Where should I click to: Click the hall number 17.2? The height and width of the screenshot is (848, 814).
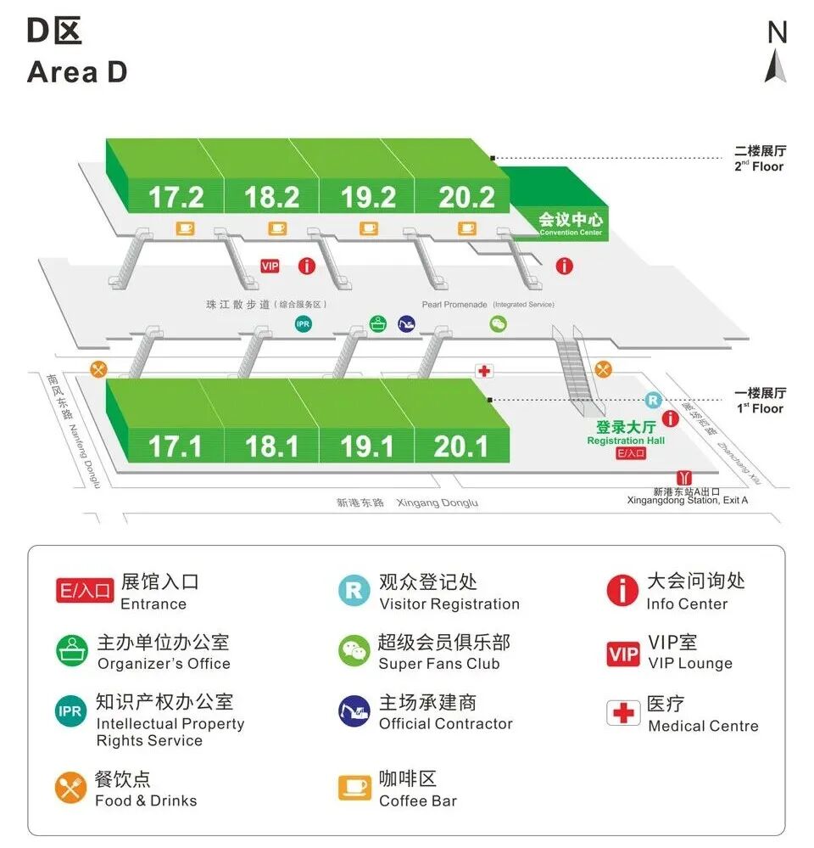point(176,197)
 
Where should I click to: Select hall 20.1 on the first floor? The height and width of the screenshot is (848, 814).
point(461,446)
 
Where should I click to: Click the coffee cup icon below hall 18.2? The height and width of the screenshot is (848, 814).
point(278,227)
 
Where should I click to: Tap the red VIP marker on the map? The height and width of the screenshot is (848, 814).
point(270,267)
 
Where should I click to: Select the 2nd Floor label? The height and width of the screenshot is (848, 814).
point(760,160)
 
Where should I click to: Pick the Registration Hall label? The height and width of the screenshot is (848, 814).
point(626,433)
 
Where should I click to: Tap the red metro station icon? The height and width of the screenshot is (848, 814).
point(683,479)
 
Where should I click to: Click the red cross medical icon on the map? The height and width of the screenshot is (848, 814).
point(484,371)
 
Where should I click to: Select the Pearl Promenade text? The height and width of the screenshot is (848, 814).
point(454,304)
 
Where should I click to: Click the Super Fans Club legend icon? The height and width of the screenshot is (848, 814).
point(354,652)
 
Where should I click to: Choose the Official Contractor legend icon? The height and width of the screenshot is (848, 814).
point(354,711)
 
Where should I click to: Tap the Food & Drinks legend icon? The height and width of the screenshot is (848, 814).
point(71,788)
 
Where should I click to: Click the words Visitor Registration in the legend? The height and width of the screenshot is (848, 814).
point(449,604)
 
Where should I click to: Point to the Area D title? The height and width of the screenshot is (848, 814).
point(77,72)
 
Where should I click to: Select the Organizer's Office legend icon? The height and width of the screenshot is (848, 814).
point(71,652)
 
